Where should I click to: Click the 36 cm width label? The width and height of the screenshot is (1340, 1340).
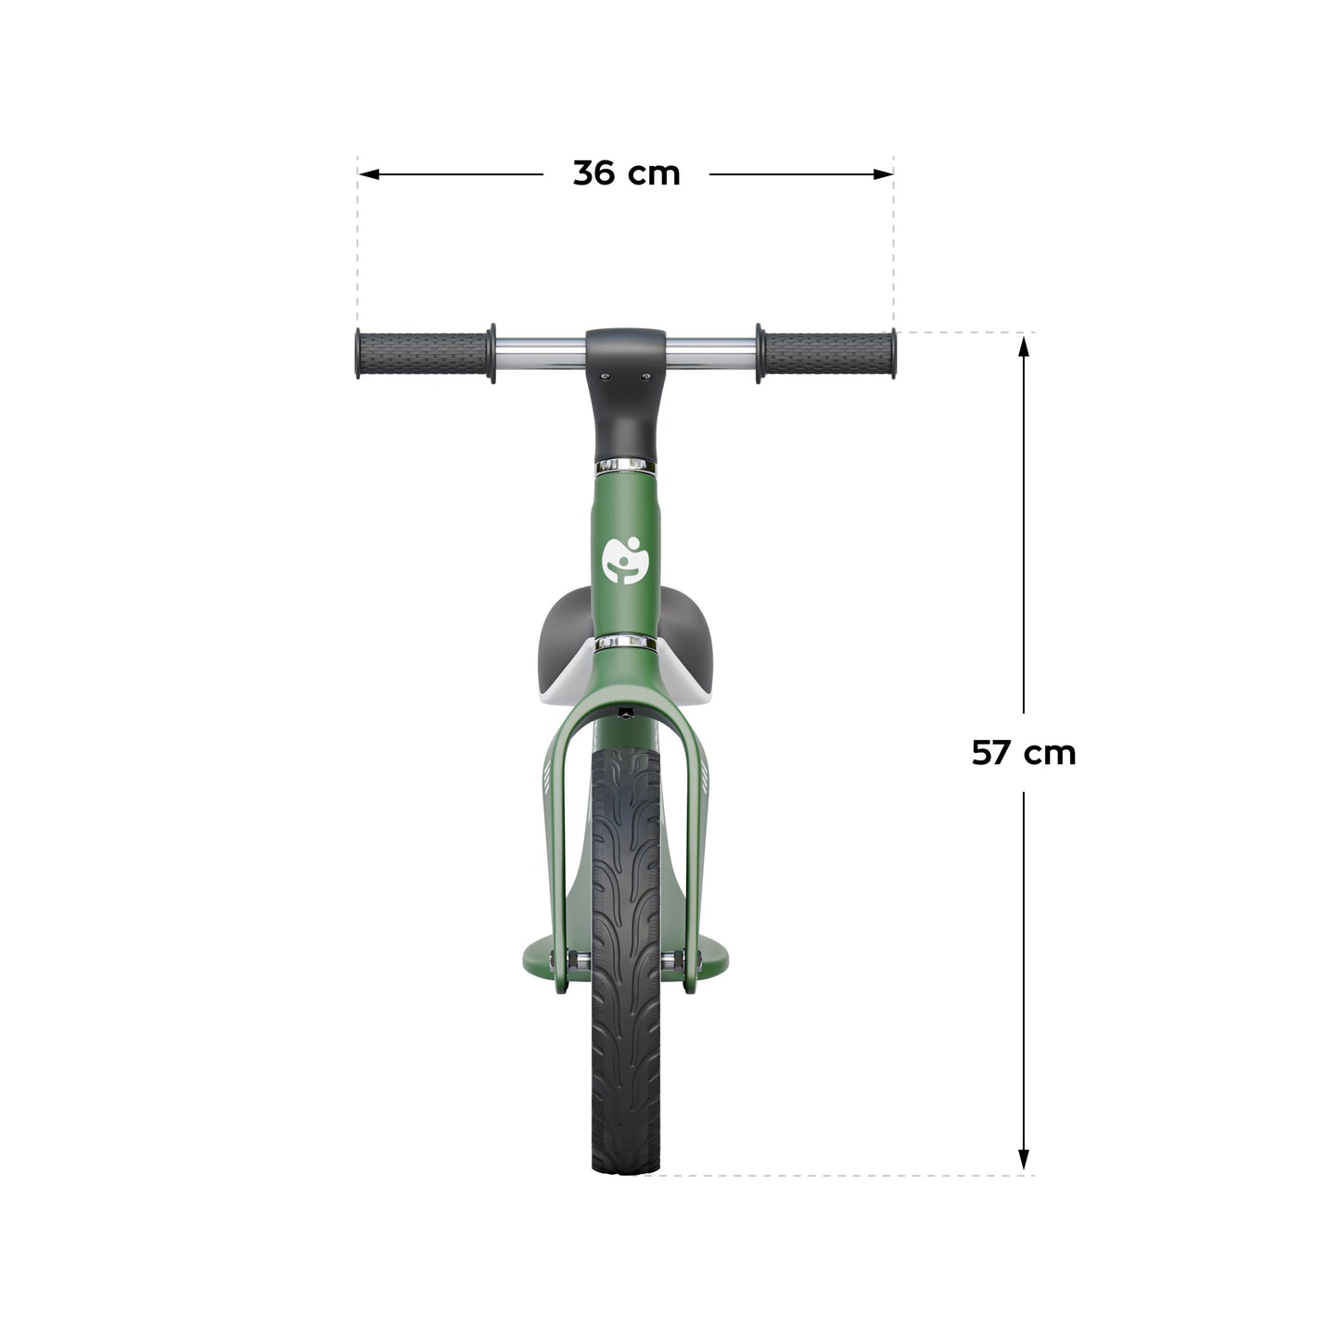pyautogui.click(x=626, y=173)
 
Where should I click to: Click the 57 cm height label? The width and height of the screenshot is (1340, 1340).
pyautogui.click(x=1024, y=752)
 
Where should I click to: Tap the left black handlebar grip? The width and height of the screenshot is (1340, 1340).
pyautogui.click(x=422, y=353)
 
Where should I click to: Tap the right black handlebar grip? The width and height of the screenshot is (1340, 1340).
pyautogui.click(x=828, y=353)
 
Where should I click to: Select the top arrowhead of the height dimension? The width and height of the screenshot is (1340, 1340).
pyautogui.click(x=1024, y=345)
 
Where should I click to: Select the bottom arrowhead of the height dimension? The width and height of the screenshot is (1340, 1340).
pyautogui.click(x=1024, y=1160)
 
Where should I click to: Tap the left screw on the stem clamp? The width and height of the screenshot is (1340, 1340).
pyautogui.click(x=606, y=376)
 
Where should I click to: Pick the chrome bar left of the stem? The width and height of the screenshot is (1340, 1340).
pyautogui.click(x=540, y=351)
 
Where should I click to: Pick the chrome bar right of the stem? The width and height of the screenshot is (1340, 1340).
pyautogui.click(x=711, y=351)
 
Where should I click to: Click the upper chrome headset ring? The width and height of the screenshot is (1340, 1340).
pyautogui.click(x=626, y=464)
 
